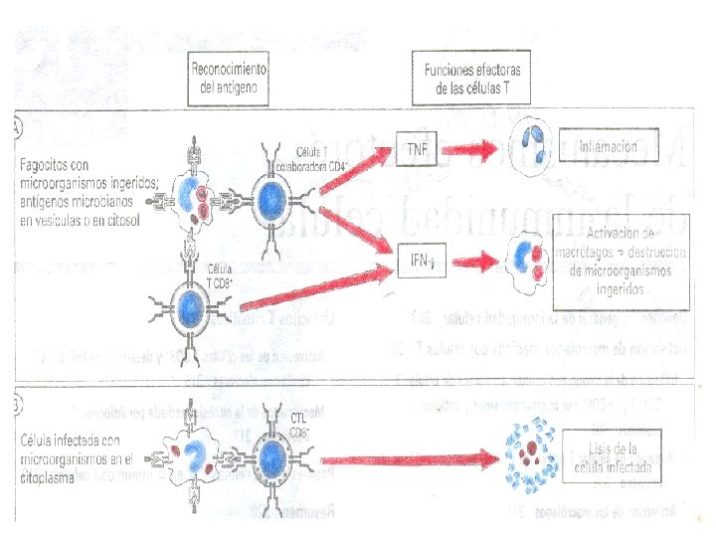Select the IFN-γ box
[x=419, y=261]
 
